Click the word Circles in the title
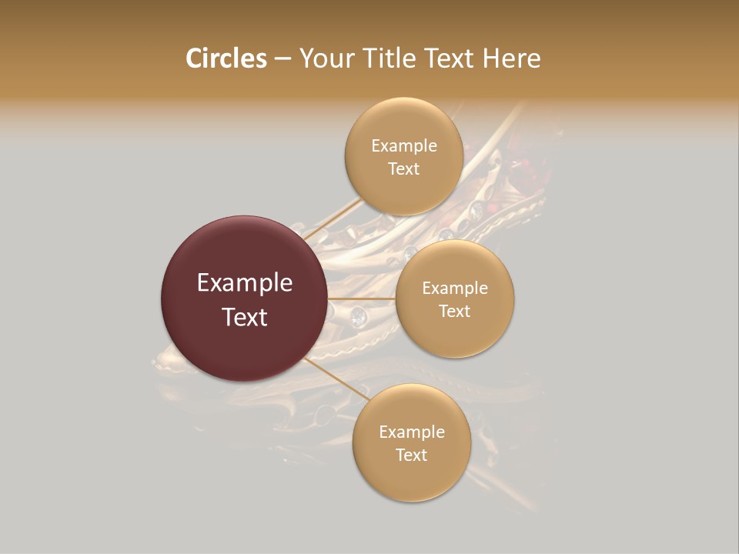coord(226,58)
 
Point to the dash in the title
coord(283,59)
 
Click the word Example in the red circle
coord(245,283)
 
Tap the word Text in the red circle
coord(245,317)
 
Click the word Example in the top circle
coord(404,145)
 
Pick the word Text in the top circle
coord(404,169)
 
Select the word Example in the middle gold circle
coord(455,288)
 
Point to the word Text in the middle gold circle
coord(455,311)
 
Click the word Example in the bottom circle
coord(412,432)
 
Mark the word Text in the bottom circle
coord(412,455)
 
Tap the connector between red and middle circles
coord(361,299)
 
